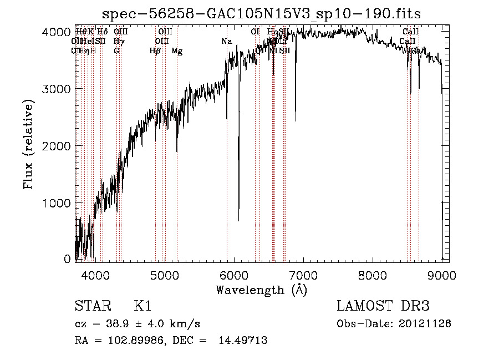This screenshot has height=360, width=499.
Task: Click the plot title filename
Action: (262, 13)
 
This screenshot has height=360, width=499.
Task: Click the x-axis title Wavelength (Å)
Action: (261, 290)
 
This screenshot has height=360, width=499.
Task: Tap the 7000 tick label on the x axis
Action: (303, 275)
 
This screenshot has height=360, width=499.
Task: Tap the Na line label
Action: (226, 42)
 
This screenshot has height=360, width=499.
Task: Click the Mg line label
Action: (177, 51)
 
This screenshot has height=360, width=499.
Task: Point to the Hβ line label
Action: (155, 51)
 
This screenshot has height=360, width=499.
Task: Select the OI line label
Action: (255, 32)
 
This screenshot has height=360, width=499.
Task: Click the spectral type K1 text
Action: (142, 306)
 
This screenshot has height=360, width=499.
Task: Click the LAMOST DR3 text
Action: (383, 306)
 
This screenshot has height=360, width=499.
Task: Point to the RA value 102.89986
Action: (125, 341)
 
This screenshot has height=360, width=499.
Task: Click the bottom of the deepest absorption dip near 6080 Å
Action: (239, 220)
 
